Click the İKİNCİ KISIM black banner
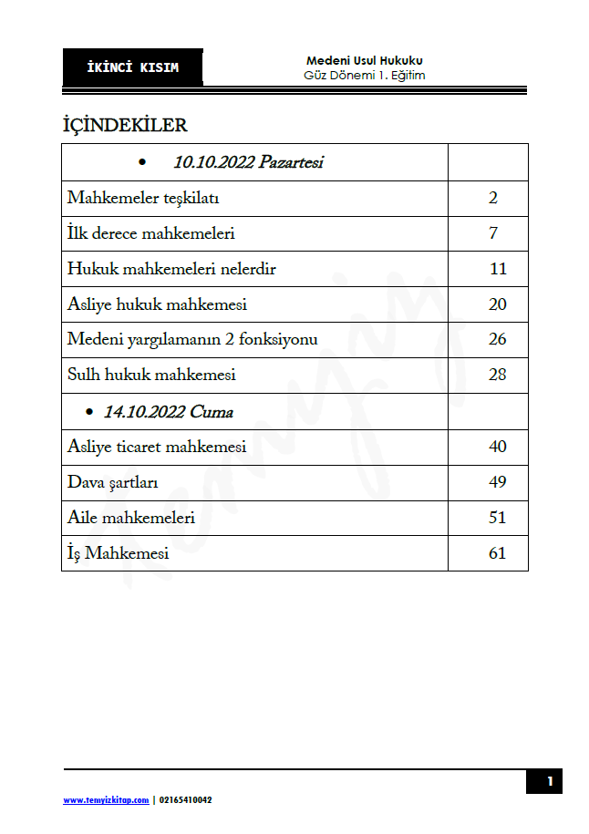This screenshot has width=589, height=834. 133,68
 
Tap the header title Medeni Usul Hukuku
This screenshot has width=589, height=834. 364,61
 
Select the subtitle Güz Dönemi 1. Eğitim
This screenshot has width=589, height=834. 364,76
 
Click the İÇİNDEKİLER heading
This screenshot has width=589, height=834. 124,125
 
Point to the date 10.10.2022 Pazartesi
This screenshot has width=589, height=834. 248,163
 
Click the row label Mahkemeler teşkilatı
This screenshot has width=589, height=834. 143,198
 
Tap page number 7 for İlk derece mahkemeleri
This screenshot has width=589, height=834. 493,233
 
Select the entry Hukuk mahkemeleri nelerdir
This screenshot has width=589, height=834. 171,269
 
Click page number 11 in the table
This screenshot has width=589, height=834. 497,269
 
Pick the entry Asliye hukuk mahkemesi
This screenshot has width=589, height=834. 157,304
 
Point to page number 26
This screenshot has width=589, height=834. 497,340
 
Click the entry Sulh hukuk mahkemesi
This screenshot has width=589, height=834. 151,375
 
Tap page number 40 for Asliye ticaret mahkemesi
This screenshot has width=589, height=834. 497,447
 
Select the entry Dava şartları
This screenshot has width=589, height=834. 113,482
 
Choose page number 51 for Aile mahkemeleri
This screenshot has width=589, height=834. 497,518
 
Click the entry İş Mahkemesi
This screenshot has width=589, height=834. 118,553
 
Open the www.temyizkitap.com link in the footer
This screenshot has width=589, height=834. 106,800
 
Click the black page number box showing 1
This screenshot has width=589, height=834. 549,781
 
